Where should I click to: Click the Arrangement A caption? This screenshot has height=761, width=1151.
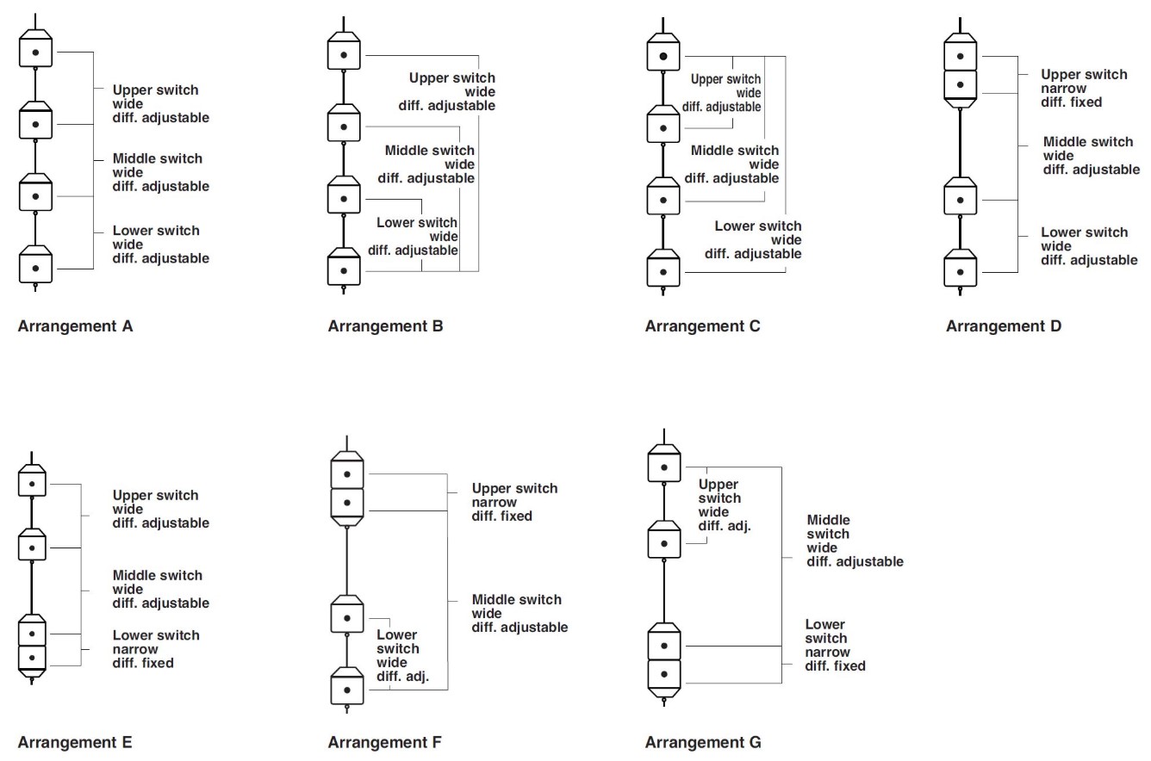coord(75,326)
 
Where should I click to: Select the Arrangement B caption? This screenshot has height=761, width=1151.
coord(385,326)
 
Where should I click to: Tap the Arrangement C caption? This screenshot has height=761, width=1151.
coord(702,326)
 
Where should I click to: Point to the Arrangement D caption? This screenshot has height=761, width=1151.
coord(1004,326)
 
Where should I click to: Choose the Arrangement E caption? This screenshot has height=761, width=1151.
coord(75,742)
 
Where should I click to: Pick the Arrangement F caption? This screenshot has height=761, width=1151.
coord(384,742)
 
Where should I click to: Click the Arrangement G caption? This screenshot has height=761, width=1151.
coord(703,742)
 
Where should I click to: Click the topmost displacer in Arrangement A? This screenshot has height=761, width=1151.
coord(35,49)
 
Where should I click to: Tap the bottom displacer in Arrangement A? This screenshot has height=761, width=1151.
coord(35,264)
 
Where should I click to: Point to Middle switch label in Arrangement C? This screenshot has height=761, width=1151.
coord(734,164)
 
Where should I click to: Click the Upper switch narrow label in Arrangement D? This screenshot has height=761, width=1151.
coord(1083,88)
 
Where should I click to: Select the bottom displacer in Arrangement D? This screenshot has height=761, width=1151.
coord(960,269)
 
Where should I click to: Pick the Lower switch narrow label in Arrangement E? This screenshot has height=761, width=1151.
coord(155,649)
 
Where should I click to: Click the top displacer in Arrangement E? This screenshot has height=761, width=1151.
coord(32,481)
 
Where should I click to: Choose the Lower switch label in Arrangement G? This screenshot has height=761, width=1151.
coord(835,646)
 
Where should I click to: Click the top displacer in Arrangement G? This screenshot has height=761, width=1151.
coord(663,465)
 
